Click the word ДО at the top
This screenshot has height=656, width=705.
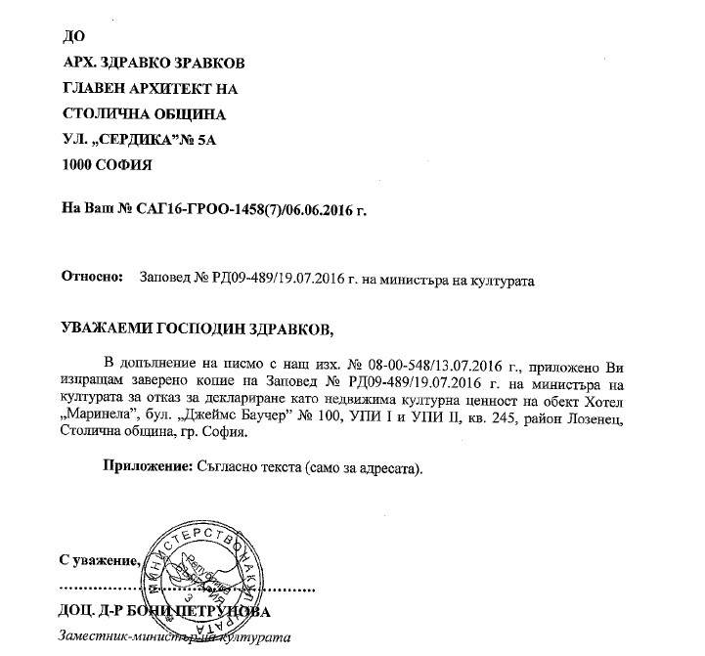click(73, 37)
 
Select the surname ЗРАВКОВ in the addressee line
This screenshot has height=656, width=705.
click(207, 64)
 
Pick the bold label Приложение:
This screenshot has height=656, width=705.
click(145, 467)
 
